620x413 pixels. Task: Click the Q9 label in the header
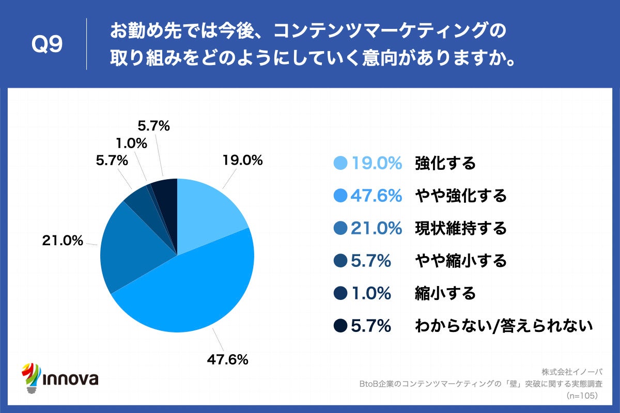[x=47, y=45]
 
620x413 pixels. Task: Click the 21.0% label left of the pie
[x=62, y=240]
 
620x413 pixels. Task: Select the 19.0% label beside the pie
[x=242, y=160]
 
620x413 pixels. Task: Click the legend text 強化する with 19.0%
[x=445, y=164]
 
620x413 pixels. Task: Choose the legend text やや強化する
[x=460, y=196]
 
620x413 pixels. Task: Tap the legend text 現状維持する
[x=460, y=228]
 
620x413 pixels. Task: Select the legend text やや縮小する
[x=460, y=261]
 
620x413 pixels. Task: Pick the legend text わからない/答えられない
[x=503, y=326]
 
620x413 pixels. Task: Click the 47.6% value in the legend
[x=376, y=196]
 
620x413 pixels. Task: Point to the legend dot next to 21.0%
[x=340, y=228]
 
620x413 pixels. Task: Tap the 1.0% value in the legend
[x=370, y=293]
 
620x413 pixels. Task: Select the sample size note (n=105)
[x=582, y=395]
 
